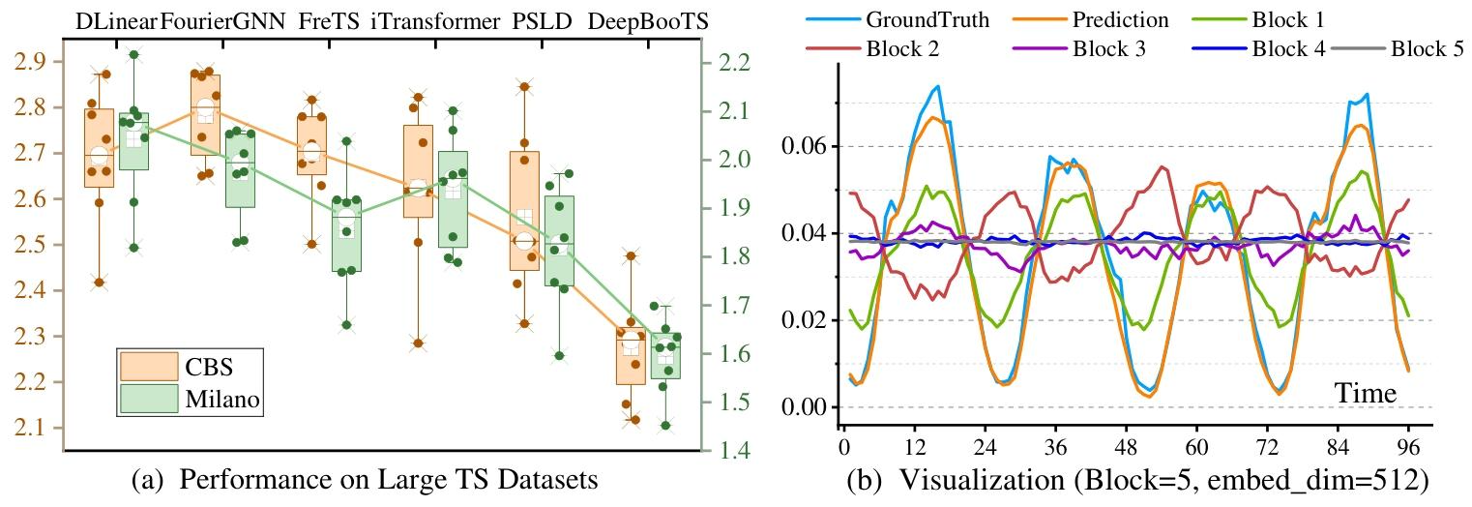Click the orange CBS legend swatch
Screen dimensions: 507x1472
(149, 366)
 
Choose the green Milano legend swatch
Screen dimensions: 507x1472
(149, 399)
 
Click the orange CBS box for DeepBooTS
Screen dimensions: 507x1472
(631, 357)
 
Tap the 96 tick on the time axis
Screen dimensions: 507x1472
(1408, 450)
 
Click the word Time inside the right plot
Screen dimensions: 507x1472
(1365, 394)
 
